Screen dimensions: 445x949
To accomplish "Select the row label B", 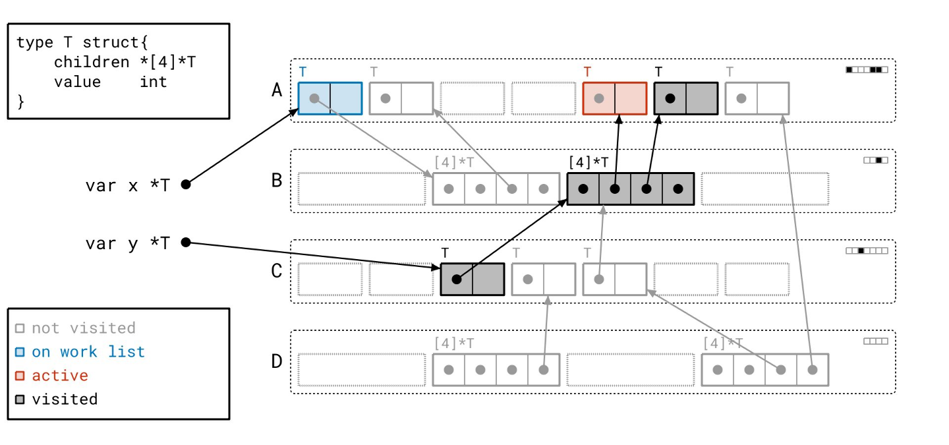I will click(x=277, y=181).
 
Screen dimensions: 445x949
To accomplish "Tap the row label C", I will click(x=277, y=271).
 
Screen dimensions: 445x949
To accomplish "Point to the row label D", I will click(x=277, y=361).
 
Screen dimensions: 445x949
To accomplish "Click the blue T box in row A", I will click(x=330, y=98).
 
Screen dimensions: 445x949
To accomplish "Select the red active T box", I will click(x=615, y=98).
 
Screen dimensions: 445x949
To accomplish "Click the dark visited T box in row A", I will click(x=685, y=98).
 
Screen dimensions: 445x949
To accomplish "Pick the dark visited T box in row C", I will click(x=472, y=279).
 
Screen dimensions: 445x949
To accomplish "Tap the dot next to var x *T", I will click(x=186, y=185).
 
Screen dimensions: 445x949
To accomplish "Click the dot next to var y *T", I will click(x=186, y=243).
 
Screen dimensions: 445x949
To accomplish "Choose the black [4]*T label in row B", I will click(x=588, y=162).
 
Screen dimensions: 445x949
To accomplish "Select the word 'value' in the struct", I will click(x=77, y=82).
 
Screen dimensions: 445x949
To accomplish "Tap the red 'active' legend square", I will click(x=20, y=376).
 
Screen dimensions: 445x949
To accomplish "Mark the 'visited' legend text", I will click(x=65, y=399).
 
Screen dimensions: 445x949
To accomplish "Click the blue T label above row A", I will click(x=302, y=72).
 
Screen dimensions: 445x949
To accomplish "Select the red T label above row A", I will click(x=587, y=72).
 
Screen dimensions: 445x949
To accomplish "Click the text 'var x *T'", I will click(x=127, y=185).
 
